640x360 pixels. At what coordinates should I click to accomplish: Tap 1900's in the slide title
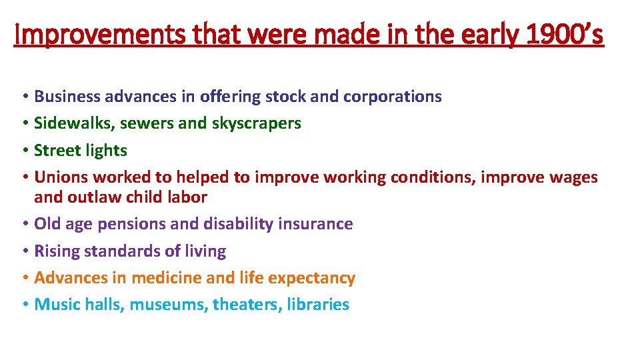(564, 35)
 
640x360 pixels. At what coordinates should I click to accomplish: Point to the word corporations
(392, 97)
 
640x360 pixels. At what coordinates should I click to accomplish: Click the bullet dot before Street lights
(24, 151)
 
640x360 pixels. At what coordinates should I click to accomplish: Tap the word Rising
(57, 251)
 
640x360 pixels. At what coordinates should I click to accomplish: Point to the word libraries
(318, 305)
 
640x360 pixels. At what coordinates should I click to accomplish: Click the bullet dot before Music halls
(24, 305)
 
